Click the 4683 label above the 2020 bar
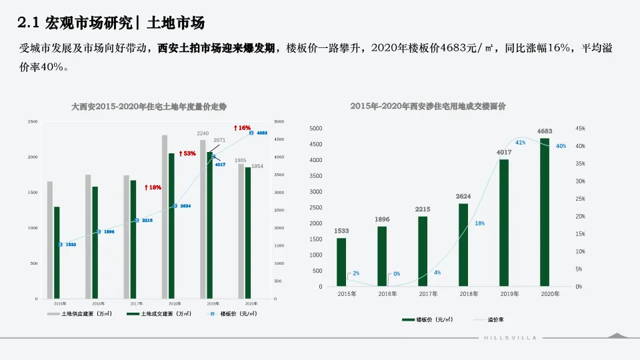(x=545, y=131)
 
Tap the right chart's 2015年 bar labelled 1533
(x=341, y=262)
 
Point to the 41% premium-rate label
(x=520, y=143)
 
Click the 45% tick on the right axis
(x=580, y=129)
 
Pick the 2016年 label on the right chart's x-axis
(x=387, y=294)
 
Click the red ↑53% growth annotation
(x=187, y=153)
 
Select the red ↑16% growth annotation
(x=242, y=127)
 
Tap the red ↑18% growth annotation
(x=153, y=187)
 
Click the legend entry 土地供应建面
(x=80, y=313)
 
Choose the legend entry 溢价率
(x=494, y=320)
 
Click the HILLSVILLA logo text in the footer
(x=509, y=338)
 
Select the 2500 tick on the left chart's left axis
(x=33, y=121)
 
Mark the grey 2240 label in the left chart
(x=203, y=134)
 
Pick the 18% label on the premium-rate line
(x=479, y=223)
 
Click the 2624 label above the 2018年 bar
(x=463, y=197)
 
